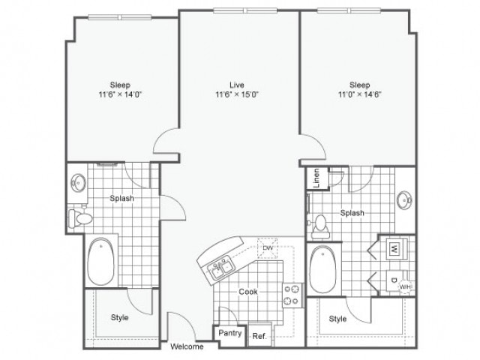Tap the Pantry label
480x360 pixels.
(x=229, y=333)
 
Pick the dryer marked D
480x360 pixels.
(x=394, y=279)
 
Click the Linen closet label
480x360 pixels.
(x=316, y=180)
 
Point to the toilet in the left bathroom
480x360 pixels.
(x=79, y=218)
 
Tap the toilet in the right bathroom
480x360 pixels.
(x=320, y=223)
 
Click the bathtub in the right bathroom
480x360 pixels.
(x=325, y=268)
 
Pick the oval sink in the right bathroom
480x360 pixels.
(x=405, y=200)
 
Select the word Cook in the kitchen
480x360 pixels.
(x=248, y=291)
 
